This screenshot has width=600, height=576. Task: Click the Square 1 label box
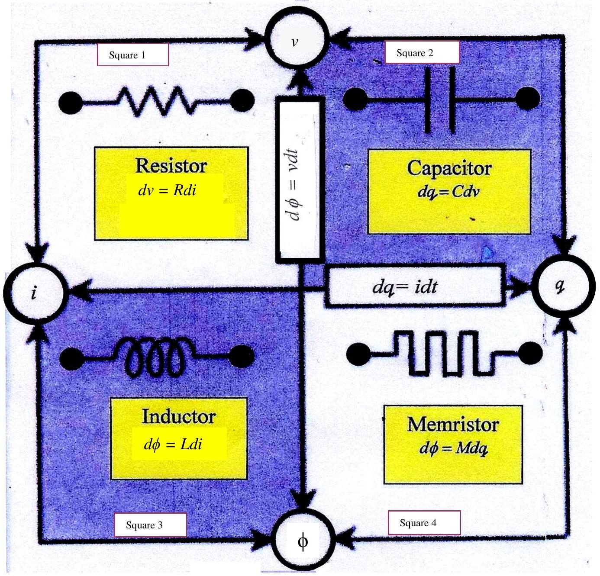click(133, 55)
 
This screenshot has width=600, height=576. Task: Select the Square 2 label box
click(422, 52)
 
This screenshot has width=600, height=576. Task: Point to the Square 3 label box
click(150, 525)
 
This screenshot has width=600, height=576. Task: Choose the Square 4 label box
click(424, 523)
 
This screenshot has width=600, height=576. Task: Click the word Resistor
click(171, 166)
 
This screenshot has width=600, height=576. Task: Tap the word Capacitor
click(449, 169)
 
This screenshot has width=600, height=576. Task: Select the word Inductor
click(178, 416)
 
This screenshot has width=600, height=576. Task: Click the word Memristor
click(453, 424)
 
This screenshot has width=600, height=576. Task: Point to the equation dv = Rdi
click(167, 190)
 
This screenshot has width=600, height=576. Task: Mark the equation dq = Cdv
click(448, 193)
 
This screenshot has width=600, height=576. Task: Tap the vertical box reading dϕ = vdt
click(300, 180)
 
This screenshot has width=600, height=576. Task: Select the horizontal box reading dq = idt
click(415, 286)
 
